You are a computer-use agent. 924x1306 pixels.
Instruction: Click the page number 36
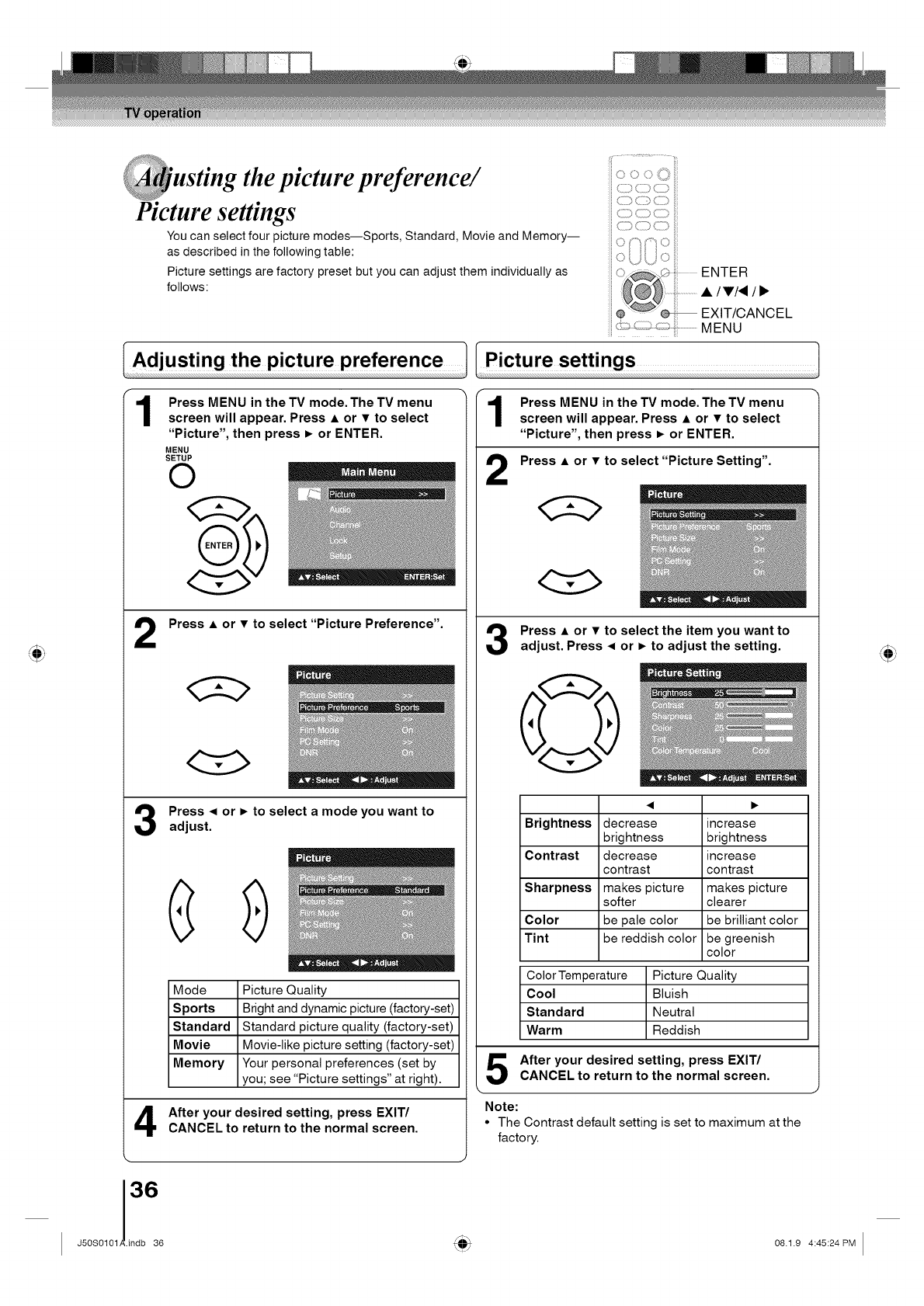pyautogui.click(x=144, y=1189)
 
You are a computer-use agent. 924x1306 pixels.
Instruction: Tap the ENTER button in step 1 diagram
pyautogui.click(x=218, y=545)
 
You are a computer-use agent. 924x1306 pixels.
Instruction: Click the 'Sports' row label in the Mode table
pyautogui.click(x=194, y=1008)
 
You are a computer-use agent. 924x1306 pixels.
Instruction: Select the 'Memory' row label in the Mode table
pyautogui.click(x=199, y=1063)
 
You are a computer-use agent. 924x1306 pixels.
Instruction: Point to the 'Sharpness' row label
pyautogui.click(x=558, y=887)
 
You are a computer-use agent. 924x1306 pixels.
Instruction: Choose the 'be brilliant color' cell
pyautogui.click(x=752, y=920)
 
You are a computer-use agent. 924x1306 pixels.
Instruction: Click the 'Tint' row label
pyautogui.click(x=537, y=938)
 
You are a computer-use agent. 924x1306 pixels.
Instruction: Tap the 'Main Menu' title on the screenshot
pyautogui.click(x=368, y=472)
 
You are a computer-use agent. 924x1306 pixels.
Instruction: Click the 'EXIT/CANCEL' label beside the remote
pyautogui.click(x=746, y=313)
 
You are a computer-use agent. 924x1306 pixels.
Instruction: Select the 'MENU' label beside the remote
pyautogui.click(x=721, y=328)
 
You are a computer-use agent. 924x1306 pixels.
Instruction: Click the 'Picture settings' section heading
pyautogui.click(x=560, y=360)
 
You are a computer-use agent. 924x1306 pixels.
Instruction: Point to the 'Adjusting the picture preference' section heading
pyautogui.click(x=287, y=360)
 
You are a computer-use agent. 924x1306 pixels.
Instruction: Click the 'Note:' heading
pyautogui.click(x=501, y=1106)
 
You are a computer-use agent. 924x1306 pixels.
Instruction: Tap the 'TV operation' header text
pyautogui.click(x=162, y=113)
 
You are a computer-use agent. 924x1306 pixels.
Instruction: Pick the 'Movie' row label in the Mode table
pyautogui.click(x=192, y=1045)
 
